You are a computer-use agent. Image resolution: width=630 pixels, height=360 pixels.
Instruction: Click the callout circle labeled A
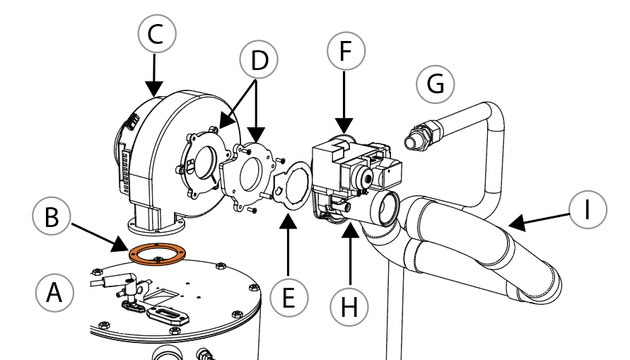tap(54, 293)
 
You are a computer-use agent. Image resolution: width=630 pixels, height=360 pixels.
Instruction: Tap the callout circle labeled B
tap(52, 217)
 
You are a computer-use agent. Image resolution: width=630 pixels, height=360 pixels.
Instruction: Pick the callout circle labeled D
tap(259, 61)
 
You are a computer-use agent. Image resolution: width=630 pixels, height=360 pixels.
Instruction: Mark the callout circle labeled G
tap(436, 84)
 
